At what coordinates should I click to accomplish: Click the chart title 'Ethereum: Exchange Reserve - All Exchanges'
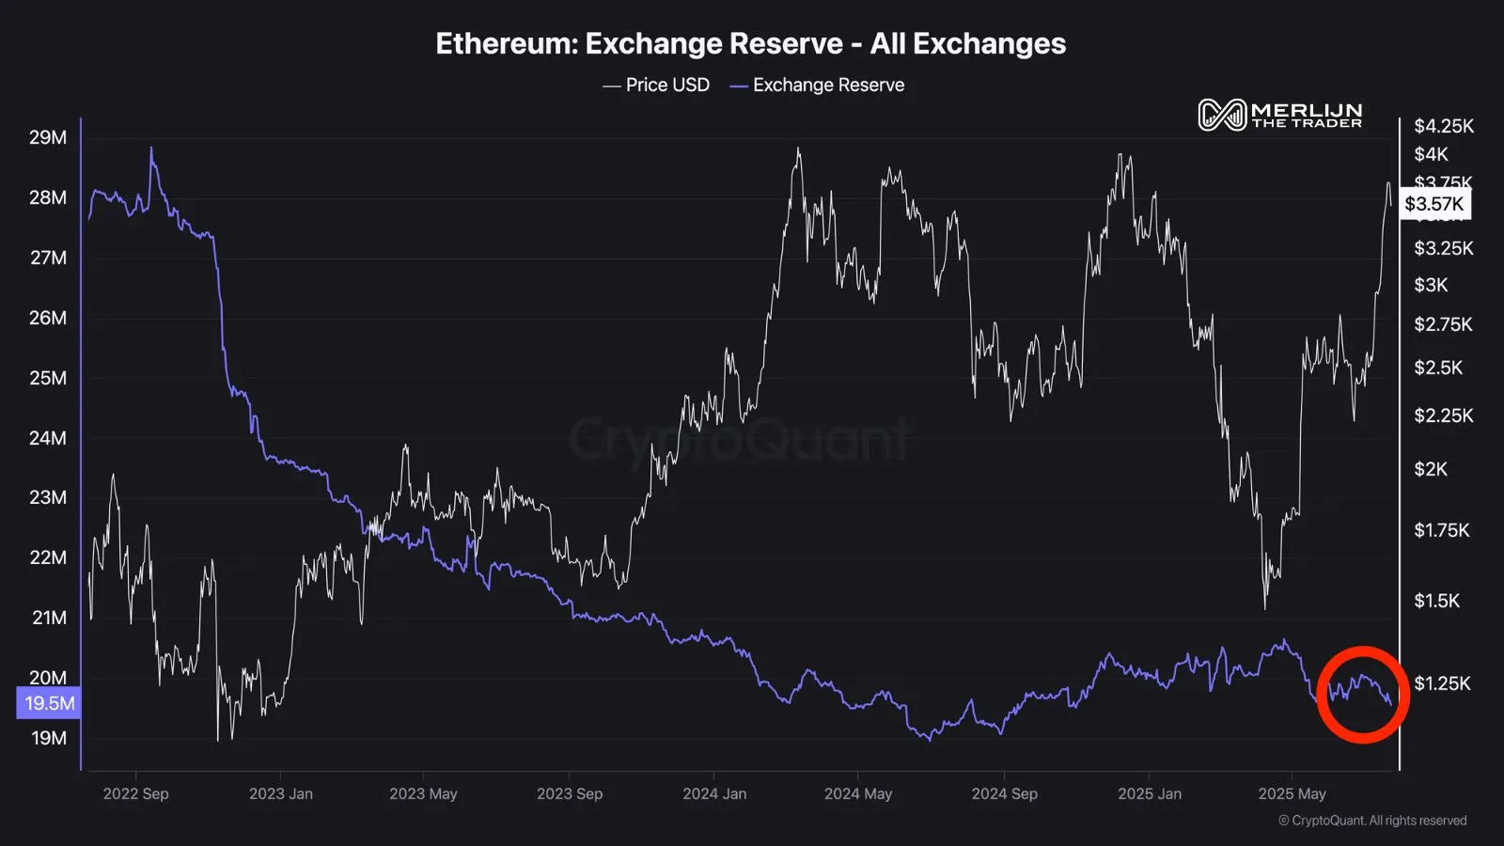point(750,44)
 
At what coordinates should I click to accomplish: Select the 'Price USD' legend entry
point(656,86)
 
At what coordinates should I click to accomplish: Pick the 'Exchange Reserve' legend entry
point(817,86)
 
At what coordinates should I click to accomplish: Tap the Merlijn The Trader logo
point(1280,115)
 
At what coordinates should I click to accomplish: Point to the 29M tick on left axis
point(48,137)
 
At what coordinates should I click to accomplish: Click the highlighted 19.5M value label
point(49,703)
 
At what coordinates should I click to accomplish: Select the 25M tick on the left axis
point(48,378)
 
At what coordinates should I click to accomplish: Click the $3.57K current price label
point(1433,204)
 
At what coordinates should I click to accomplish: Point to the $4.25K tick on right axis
point(1443,126)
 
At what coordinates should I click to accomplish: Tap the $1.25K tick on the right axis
point(1441,683)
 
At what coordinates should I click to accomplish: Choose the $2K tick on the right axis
point(1431,469)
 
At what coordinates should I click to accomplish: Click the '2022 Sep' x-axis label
point(135,793)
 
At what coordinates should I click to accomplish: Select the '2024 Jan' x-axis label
point(714,793)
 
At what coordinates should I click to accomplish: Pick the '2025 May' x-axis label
point(1292,793)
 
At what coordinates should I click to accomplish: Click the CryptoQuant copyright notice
point(1371,821)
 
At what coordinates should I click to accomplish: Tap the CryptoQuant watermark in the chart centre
point(740,439)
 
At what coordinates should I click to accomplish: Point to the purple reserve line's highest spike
point(151,149)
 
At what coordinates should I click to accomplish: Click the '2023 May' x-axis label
point(423,793)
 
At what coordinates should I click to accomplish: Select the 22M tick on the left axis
point(48,557)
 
